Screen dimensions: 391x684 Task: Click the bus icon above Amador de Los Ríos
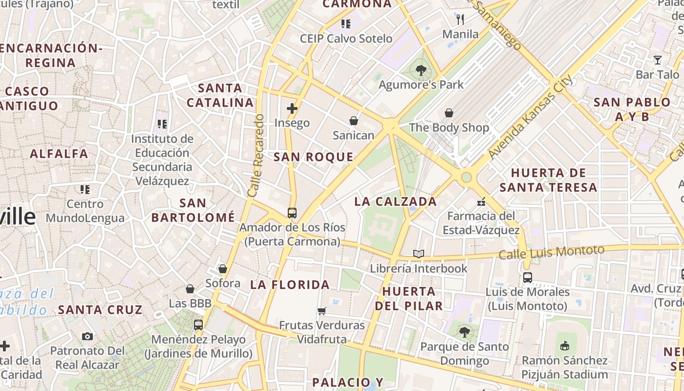[292, 213]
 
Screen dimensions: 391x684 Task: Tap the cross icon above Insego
[292, 109]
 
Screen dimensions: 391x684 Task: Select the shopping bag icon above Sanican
[353, 121]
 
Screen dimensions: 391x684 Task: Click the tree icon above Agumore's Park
[421, 70]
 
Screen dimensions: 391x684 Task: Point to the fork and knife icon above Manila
[460, 20]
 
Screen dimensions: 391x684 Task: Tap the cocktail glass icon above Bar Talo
[657, 60]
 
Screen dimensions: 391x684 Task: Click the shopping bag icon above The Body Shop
[449, 113]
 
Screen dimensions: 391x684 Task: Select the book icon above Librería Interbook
[418, 254]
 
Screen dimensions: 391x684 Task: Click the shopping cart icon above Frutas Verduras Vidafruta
[321, 311]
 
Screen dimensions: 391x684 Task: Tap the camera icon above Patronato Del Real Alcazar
[87, 336]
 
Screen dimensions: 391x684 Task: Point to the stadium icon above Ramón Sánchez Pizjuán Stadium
[565, 346]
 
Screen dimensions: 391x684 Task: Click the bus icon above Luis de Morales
[527, 278]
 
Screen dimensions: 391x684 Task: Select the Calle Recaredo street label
[256, 155]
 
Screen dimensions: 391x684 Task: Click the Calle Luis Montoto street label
[551, 252]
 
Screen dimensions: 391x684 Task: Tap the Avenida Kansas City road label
[530, 117]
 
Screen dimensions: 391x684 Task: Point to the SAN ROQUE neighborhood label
[313, 157]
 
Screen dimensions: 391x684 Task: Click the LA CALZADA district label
[395, 201]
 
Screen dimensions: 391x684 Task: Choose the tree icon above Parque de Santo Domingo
[464, 332]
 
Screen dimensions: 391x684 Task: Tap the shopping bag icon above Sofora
[223, 269]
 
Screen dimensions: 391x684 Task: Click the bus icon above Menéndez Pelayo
[198, 325]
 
